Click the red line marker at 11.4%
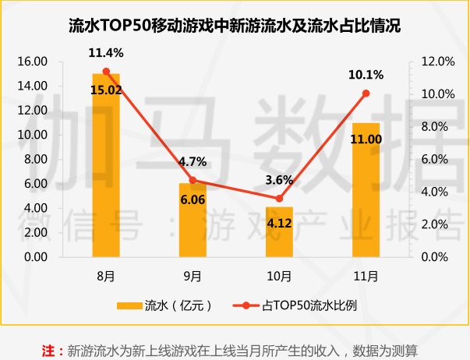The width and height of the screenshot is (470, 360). (x=106, y=71)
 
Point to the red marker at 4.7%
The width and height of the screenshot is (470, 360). (x=193, y=180)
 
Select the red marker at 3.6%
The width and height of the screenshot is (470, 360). (x=279, y=198)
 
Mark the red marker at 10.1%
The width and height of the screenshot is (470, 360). (x=366, y=93)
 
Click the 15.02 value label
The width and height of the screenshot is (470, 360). (x=106, y=89)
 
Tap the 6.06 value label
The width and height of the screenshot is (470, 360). (x=193, y=199)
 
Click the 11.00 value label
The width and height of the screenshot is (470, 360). (x=366, y=139)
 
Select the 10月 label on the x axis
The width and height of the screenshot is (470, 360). (x=279, y=276)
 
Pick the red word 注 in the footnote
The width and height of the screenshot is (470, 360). (x=48, y=349)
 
